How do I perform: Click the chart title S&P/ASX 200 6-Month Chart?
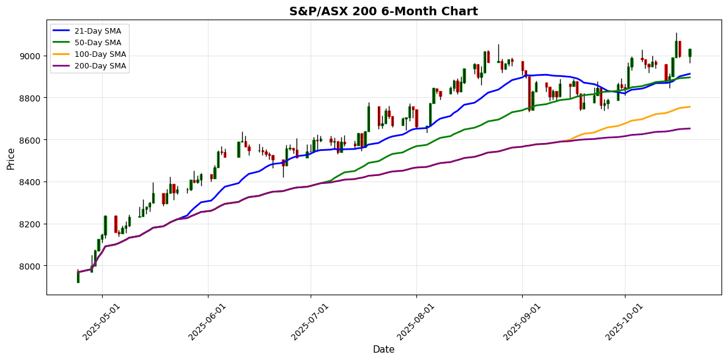point(383,11)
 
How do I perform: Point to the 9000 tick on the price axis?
point(31,56)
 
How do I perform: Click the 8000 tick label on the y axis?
point(31,266)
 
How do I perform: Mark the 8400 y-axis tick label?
point(31,182)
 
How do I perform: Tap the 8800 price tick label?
point(31,98)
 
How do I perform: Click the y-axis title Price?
point(11,158)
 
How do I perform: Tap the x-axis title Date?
point(383,350)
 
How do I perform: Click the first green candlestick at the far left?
point(78,277)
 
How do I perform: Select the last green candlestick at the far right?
point(690,53)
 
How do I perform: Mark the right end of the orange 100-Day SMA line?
point(690,107)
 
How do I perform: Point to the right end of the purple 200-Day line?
point(690,128)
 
